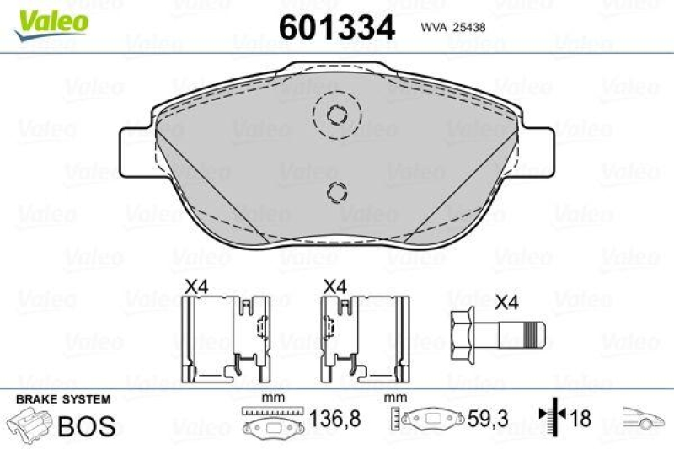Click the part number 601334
tap(336, 28)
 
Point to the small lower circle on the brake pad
tap(336, 192)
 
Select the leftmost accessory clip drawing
tap(224, 338)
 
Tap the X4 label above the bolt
tap(507, 302)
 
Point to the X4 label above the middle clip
tap(334, 286)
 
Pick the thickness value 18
tap(580, 417)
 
